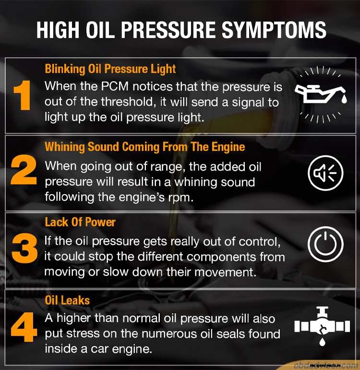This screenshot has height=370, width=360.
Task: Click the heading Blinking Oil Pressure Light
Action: [x=110, y=69]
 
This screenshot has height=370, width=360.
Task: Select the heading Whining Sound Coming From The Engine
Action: [x=144, y=147]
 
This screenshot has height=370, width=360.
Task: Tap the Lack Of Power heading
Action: [x=80, y=222]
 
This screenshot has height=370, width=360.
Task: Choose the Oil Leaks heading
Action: [x=67, y=300]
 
